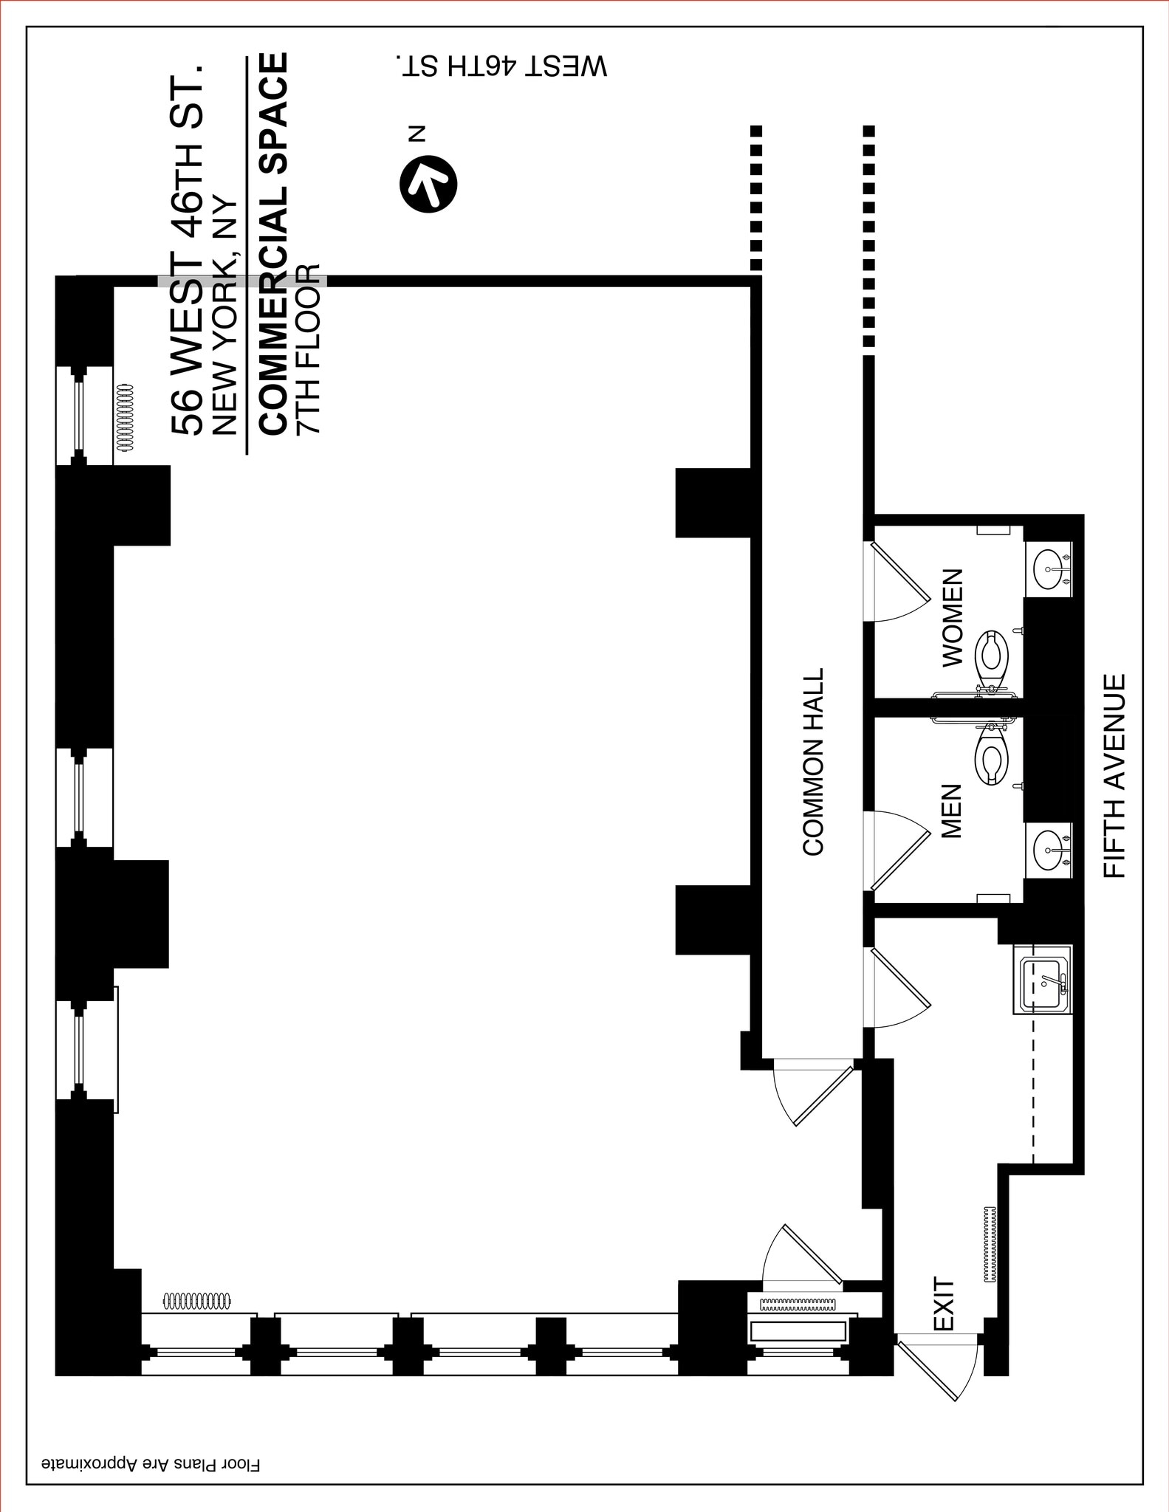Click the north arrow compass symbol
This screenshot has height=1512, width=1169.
[x=428, y=184]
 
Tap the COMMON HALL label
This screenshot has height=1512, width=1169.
[x=813, y=762]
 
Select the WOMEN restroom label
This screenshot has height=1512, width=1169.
[x=953, y=618]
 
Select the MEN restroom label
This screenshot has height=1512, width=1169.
[x=952, y=811]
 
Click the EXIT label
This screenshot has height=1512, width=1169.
[x=945, y=1305]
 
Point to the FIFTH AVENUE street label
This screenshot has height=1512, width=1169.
[x=1114, y=775]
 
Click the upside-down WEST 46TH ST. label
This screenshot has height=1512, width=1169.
[x=502, y=66]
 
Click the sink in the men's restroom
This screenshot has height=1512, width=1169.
[x=1048, y=850]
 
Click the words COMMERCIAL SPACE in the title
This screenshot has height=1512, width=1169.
[x=273, y=244]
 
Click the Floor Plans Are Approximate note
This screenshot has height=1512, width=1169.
[x=151, y=1462]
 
